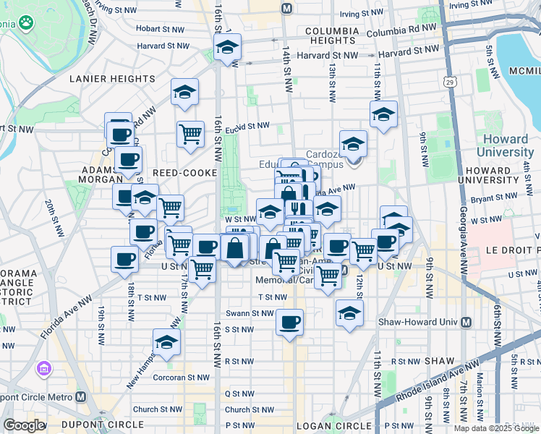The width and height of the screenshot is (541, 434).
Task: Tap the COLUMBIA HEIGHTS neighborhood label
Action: click(x=332, y=36)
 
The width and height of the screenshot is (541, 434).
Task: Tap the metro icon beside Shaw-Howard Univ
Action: click(x=466, y=322)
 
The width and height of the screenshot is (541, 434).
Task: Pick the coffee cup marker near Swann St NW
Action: click(x=290, y=322)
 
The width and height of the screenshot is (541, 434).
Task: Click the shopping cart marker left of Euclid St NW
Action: click(x=190, y=133)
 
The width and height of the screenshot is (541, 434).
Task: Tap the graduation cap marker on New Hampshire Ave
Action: click(x=166, y=342)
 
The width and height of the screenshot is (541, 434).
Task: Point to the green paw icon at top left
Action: click(x=27, y=23)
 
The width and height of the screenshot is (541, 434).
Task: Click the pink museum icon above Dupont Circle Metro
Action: click(x=44, y=370)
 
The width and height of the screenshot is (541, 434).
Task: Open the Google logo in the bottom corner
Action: click(x=24, y=425)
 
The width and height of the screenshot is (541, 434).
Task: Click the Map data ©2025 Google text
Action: click(x=496, y=428)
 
